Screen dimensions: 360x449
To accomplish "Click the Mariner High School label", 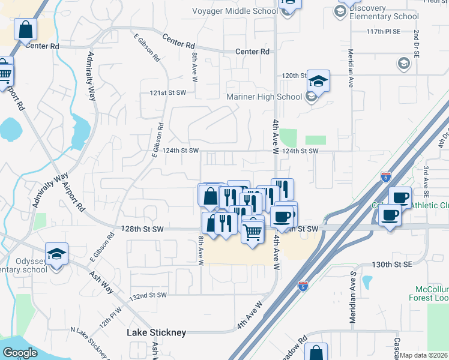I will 264,97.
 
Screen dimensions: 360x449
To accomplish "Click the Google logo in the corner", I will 20,352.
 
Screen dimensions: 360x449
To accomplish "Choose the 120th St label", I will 295,76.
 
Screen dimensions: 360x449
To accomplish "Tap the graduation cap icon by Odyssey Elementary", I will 56,254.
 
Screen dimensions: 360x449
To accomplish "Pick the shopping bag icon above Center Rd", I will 25,29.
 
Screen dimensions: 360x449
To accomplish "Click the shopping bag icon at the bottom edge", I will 316,353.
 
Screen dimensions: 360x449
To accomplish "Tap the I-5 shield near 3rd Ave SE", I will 385,177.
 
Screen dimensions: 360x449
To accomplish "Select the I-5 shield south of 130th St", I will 303,286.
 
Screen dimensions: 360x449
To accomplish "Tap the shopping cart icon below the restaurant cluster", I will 253,231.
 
